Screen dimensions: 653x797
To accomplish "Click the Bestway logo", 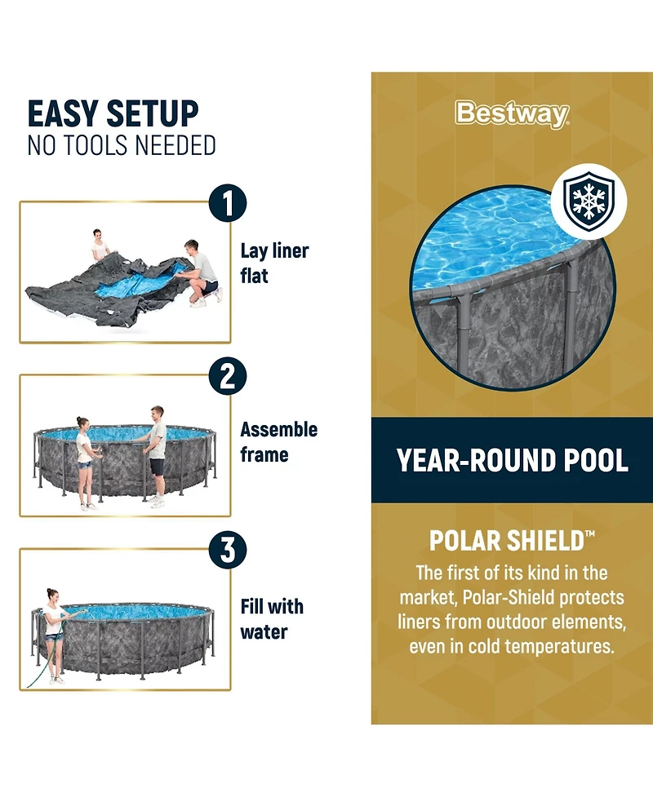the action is tap(512, 114).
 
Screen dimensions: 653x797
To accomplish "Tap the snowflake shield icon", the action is tap(589, 201).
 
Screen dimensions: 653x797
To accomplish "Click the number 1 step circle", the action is tap(228, 203).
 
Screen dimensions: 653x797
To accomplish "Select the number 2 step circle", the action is tap(228, 376).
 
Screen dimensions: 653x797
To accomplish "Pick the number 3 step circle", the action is tap(228, 550).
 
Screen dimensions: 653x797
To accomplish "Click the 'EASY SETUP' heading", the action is tap(113, 113).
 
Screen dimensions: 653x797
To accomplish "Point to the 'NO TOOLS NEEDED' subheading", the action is tap(122, 145).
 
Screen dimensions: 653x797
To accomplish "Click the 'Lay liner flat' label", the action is tap(274, 263).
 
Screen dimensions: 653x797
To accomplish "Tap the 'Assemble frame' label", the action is tap(278, 441).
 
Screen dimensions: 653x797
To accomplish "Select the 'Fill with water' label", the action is tap(272, 619).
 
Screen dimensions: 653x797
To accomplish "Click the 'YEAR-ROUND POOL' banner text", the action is tap(512, 461).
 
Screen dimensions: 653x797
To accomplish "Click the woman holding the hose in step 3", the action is tap(54, 635).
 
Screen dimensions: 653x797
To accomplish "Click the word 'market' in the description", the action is tap(429, 598).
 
